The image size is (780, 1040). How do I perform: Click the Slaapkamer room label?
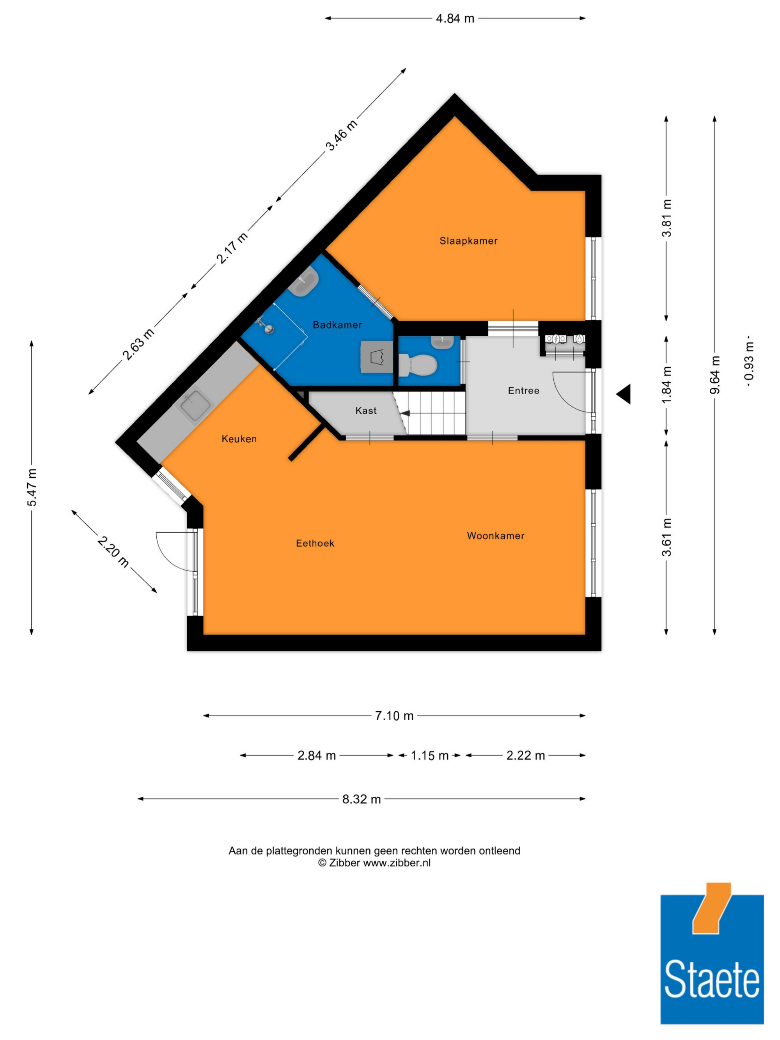468,241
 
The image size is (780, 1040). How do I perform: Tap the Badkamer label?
337,325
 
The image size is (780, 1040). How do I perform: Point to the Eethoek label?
315,543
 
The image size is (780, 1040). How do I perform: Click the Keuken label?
239,439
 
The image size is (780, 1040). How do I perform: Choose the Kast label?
366,411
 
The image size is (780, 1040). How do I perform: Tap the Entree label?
523,390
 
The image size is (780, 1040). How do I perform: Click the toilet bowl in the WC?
418,365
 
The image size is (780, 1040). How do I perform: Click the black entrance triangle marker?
624,393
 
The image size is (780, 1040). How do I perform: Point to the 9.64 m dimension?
714,375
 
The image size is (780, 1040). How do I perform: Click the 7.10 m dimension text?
394,716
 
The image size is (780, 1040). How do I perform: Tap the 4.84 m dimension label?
455,18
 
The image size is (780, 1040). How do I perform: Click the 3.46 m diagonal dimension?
342,135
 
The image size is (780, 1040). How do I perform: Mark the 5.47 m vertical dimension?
32,487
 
